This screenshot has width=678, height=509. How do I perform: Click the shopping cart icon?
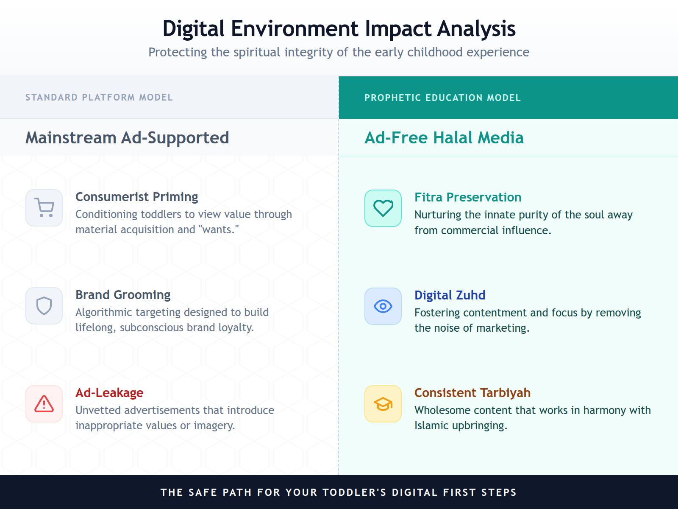[44, 208]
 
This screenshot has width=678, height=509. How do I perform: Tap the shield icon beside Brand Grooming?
[44, 306]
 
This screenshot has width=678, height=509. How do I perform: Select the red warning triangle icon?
[44, 404]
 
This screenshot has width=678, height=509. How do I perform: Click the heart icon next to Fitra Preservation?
[383, 208]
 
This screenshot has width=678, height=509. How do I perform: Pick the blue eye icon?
[383, 306]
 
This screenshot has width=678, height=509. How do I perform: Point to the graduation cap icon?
[383, 404]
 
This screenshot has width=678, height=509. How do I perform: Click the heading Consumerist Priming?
[136, 197]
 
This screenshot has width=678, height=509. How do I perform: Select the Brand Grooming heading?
[123, 295]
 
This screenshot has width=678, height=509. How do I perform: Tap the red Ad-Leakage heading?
[109, 393]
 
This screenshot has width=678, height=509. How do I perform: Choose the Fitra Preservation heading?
[468, 197]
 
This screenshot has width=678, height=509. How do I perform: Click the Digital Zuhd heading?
[450, 295]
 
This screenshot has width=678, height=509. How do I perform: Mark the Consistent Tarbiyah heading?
[472, 393]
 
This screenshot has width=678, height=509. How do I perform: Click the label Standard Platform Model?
[99, 98]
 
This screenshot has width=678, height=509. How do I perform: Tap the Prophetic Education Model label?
[442, 98]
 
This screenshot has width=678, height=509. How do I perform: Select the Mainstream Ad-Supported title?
[127, 138]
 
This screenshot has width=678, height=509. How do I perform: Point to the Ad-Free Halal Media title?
[444, 138]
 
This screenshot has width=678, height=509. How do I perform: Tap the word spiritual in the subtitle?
[257, 52]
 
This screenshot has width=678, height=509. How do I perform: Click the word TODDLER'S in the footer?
[354, 492]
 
